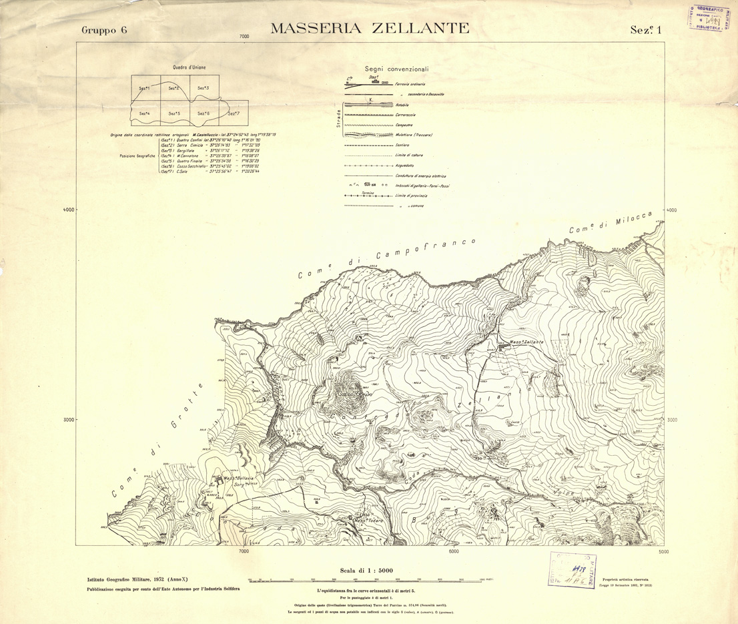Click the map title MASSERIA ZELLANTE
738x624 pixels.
pos(370,28)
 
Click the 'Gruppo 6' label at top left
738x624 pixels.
pos(103,30)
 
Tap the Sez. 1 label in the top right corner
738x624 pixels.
pos(645,29)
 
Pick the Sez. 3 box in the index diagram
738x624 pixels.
pos(203,88)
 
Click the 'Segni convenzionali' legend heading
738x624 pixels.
pos(396,69)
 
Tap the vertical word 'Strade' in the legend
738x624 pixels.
pos(339,118)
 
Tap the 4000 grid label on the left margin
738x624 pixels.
pos(68,210)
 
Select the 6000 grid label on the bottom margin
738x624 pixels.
pos(454,551)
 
